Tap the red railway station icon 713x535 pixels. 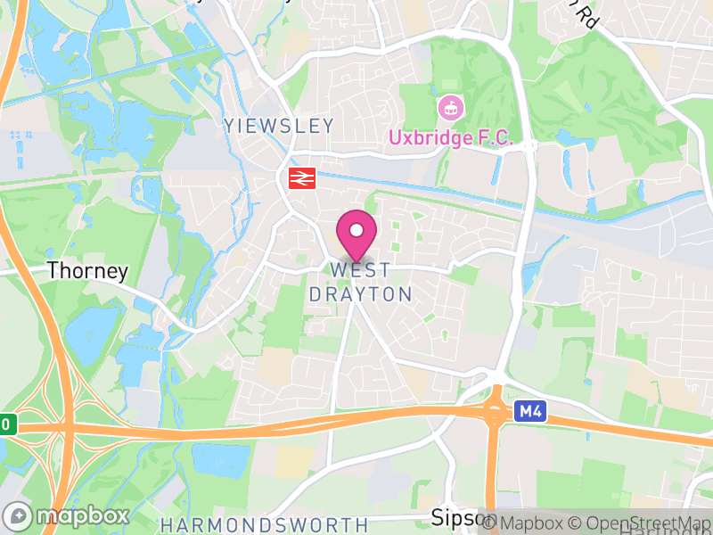click(x=299, y=177)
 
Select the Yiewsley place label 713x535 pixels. click(x=279, y=126)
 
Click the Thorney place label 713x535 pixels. click(x=87, y=271)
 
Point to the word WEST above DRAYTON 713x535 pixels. click(x=360, y=270)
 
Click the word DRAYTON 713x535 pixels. click(x=360, y=294)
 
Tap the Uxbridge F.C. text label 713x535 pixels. click(x=450, y=138)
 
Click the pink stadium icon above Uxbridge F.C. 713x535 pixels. click(x=451, y=109)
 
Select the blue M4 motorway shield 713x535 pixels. click(x=529, y=411)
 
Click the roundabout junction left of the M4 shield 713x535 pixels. click(x=496, y=412)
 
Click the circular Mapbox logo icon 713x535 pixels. click(x=18, y=516)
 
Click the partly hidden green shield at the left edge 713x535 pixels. click(x=7, y=424)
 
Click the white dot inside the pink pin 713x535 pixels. click(x=356, y=230)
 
